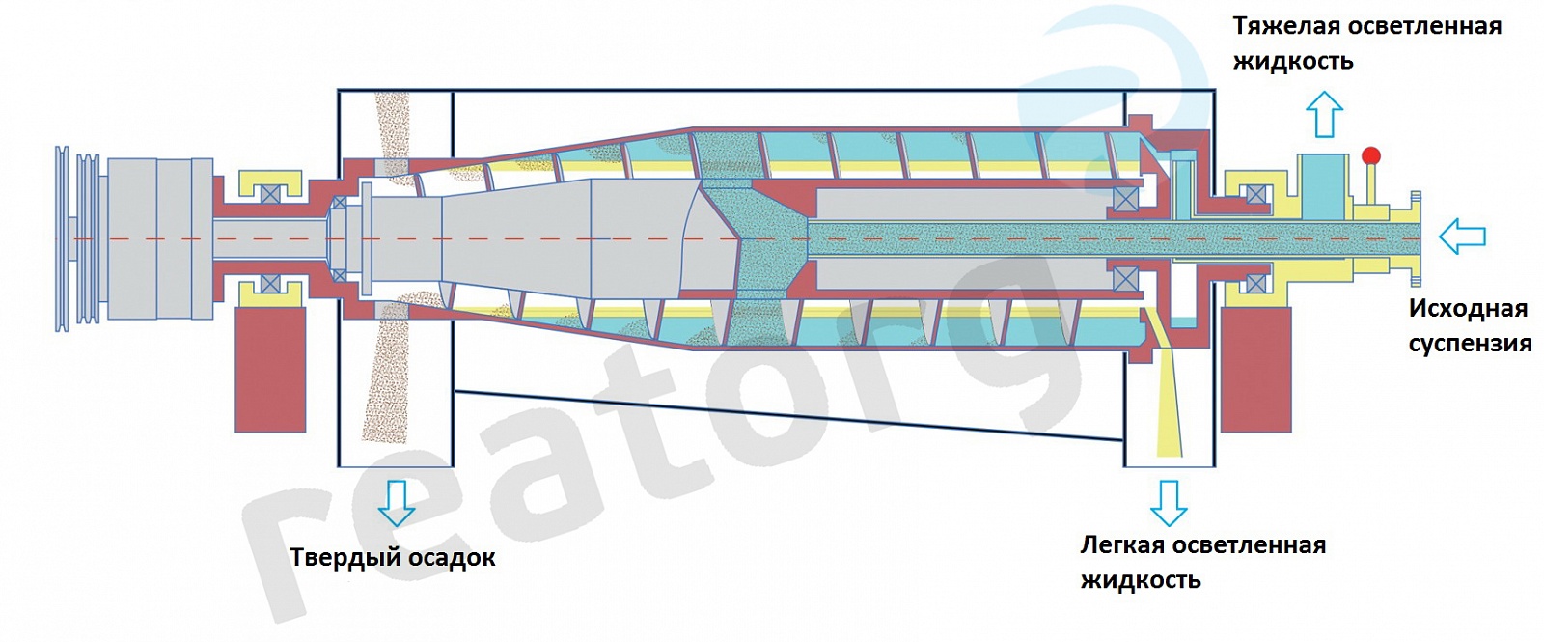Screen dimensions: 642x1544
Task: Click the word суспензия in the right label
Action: [1470, 344]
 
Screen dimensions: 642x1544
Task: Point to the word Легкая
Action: [1120, 545]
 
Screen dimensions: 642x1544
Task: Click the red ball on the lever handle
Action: [1370, 155]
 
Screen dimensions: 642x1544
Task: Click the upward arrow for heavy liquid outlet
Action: [1324, 114]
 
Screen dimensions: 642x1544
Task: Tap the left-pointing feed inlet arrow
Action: [1461, 236]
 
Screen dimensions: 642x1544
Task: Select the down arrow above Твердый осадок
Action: [396, 502]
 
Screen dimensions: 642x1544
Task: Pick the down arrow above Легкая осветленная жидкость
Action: [1168, 502]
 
